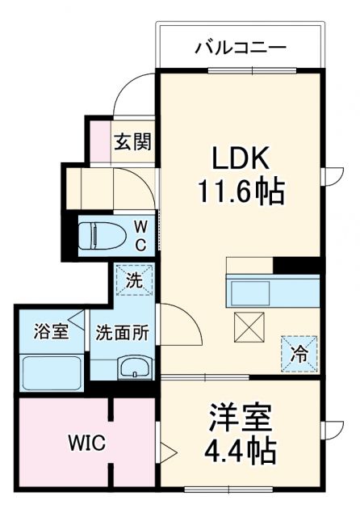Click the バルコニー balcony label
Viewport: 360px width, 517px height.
(x=240, y=47)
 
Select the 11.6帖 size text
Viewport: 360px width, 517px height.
(x=240, y=191)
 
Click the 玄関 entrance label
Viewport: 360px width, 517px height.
(x=132, y=141)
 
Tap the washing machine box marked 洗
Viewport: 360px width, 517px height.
(x=132, y=281)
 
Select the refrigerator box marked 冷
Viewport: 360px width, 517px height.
(x=299, y=352)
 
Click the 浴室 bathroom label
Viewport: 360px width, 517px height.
(x=50, y=332)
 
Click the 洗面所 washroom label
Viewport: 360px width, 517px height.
(x=121, y=332)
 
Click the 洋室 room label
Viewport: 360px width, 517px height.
(x=241, y=418)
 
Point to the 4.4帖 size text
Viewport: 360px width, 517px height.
(x=241, y=449)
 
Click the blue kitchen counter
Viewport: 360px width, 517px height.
(x=273, y=290)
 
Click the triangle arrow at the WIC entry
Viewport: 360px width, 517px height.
(x=165, y=449)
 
